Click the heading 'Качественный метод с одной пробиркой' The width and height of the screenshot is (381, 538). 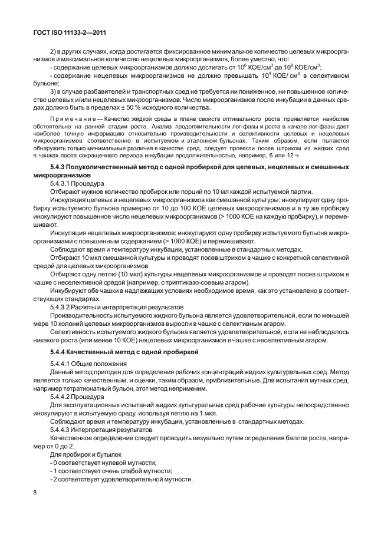tap(143, 352)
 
